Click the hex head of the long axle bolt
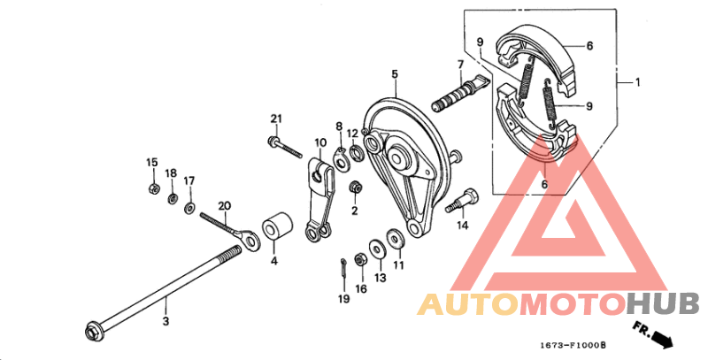pos(93,333)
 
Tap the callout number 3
pos(165,321)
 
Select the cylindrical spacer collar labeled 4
pos(278,227)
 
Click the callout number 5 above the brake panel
pos(395,74)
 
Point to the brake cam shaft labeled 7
pos(460,94)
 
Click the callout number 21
pos(276,119)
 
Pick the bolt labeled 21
pos(284,148)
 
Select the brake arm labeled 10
pos(321,199)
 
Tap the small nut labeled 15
pos(153,188)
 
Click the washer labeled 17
pos(189,208)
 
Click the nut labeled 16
pos(360,259)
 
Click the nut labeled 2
pos(356,187)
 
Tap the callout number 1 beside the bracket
pos(637,82)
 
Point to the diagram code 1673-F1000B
pos(573,346)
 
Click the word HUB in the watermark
pos(664,303)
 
